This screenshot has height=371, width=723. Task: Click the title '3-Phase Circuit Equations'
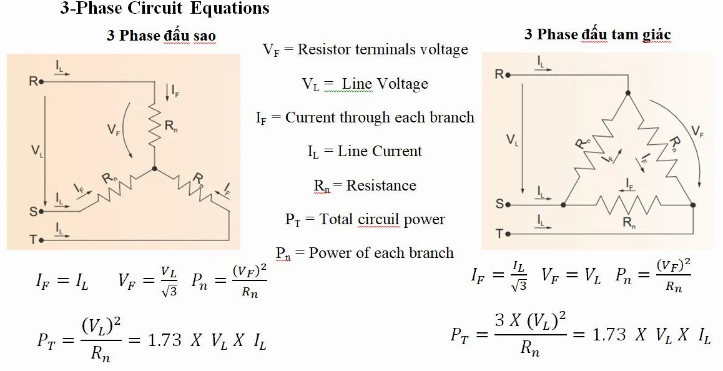point(165,8)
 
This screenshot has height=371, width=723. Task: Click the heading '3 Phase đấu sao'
point(161,36)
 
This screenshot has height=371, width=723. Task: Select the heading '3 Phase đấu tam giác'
point(597,34)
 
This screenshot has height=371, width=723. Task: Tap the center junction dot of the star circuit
point(154,169)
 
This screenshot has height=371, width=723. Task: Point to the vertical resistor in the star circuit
point(154,125)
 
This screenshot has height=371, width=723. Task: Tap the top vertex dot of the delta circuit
point(627,93)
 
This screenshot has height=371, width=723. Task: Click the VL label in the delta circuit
point(512,139)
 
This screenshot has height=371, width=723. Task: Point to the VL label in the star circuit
point(37,151)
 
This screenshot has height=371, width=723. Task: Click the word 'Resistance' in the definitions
point(381,185)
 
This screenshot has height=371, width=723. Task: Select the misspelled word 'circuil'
point(379,219)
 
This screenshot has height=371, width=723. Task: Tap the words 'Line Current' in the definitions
point(380,151)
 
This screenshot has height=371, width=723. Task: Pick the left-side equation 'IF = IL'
point(62,280)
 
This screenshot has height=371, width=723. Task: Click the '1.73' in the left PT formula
point(165,340)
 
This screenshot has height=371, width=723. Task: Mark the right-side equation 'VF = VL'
point(571,276)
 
